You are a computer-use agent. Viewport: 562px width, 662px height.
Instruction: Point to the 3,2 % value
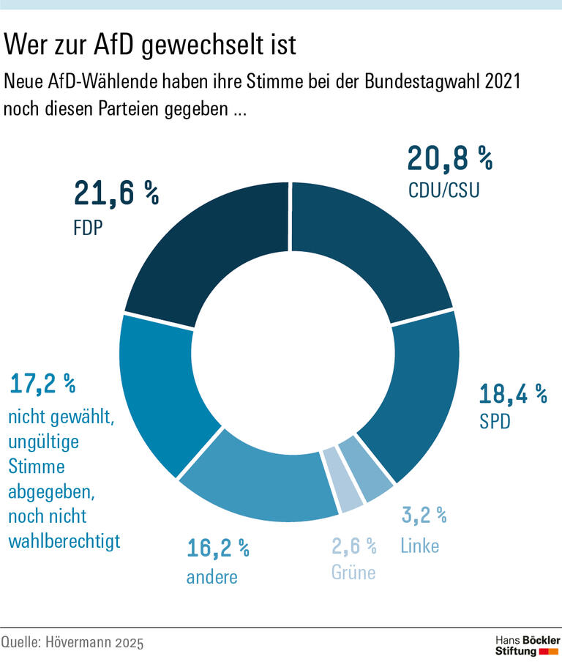coord(424,515)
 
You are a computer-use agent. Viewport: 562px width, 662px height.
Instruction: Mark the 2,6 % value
coord(353,546)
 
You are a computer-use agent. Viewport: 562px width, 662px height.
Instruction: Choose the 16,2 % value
coord(218,547)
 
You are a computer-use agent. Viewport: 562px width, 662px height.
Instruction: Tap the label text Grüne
coord(353,572)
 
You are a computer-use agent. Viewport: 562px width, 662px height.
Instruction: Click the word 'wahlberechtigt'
coord(64,541)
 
